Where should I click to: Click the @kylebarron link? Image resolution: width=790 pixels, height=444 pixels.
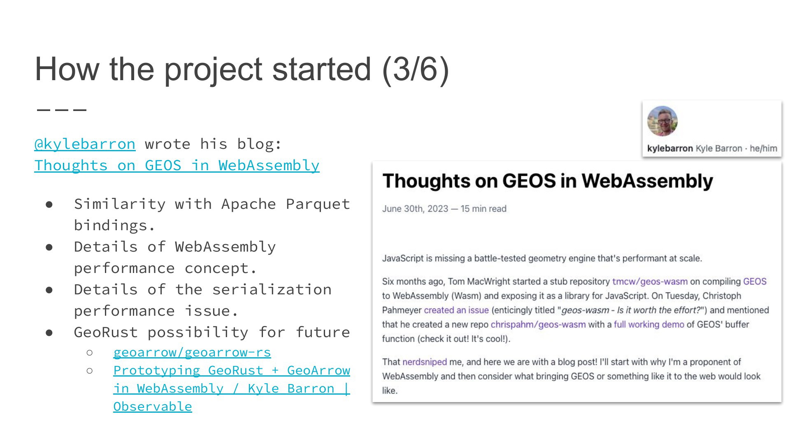coord(85,144)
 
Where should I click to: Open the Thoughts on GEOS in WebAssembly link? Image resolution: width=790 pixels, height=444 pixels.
coord(177,166)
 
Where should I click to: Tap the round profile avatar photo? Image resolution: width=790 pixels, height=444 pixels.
coord(662,121)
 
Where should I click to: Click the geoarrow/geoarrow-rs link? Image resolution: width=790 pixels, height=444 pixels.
coord(192,352)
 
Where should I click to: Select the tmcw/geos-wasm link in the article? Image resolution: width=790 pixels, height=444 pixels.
coord(650,282)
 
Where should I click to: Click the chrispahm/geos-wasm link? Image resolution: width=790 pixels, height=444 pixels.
coord(538,324)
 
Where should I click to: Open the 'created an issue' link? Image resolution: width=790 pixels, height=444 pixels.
coord(456,310)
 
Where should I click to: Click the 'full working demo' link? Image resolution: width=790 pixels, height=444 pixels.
coord(648,324)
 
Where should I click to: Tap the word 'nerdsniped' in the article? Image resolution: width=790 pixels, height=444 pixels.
coord(424,362)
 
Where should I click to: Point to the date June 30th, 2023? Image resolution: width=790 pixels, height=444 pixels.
coord(415,209)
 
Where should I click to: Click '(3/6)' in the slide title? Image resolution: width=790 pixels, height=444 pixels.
coord(415,69)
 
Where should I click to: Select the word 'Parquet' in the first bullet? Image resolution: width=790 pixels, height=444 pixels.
coord(318,204)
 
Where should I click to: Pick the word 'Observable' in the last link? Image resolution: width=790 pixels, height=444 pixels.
coord(153,407)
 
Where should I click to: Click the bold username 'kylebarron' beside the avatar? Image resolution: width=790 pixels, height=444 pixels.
coord(669,148)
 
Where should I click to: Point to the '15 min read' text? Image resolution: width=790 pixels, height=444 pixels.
coord(483,209)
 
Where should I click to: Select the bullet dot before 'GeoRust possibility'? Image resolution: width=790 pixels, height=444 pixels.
coord(49,333)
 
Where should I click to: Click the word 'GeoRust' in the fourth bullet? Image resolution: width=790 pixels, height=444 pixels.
coord(106,333)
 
